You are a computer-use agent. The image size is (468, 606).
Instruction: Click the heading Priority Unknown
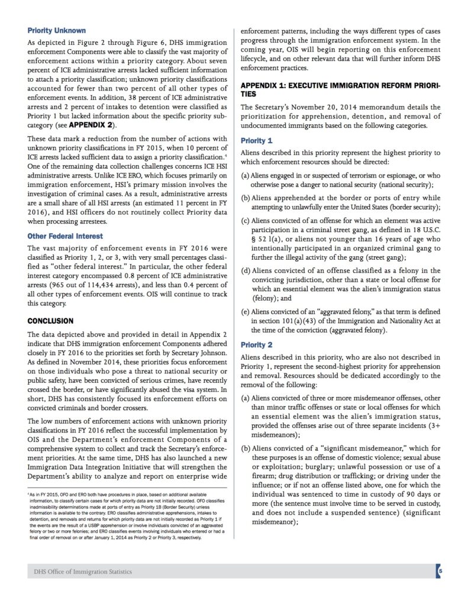point(57,30)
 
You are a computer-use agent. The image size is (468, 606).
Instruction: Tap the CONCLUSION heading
point(50,321)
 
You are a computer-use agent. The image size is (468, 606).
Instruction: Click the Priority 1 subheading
point(257,140)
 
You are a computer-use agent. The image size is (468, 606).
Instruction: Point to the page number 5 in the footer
point(440,571)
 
